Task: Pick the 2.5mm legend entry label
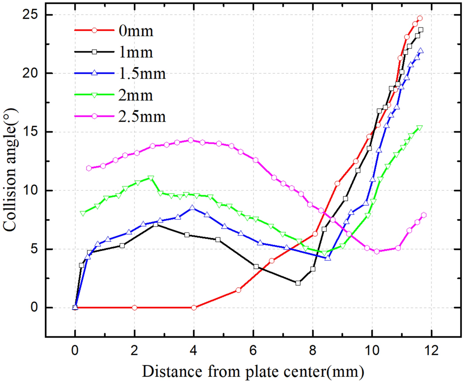pos(142,116)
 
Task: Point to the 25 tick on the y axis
pos(32,15)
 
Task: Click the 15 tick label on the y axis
pos(32,132)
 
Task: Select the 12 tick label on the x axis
pos(431,350)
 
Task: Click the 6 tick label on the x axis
pos(253,350)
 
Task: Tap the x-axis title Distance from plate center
pos(253,372)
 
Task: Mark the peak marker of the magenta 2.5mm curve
pos(190,140)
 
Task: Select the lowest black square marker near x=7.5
pos(298,283)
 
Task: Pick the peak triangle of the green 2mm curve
pos(151,178)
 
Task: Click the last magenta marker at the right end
pos(423,215)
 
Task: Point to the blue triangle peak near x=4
pos(193,208)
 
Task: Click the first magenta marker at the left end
pos(89,168)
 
